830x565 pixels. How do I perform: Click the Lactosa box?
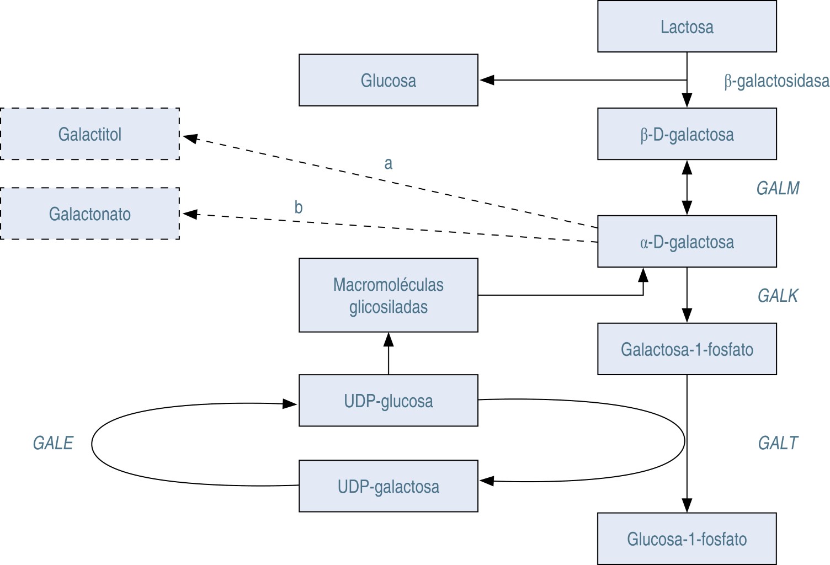pos(687,26)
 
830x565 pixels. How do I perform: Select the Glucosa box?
pos(388,80)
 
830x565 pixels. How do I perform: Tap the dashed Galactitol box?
pos(90,134)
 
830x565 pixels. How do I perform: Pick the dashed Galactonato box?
pos(90,214)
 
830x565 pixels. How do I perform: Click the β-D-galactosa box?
pos(687,134)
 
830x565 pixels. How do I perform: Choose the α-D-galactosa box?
pos(687,242)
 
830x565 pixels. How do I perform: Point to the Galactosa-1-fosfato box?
pos(687,349)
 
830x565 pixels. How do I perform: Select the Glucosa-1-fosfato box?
pos(687,539)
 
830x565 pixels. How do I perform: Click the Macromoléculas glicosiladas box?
pos(388,295)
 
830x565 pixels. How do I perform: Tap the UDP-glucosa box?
pos(388,401)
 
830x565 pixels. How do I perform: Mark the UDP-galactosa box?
pos(388,486)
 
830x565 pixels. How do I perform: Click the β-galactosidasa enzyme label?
pos(776,81)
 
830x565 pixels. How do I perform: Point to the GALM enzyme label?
pos(778,188)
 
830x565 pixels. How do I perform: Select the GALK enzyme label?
pos(778,296)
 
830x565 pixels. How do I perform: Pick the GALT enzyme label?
pos(778,443)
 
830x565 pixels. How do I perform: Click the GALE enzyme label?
pos(53,443)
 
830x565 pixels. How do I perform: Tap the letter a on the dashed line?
pos(388,163)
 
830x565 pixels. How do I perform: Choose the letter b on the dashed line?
pos(298,207)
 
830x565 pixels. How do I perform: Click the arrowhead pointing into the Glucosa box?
pos(486,80)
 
